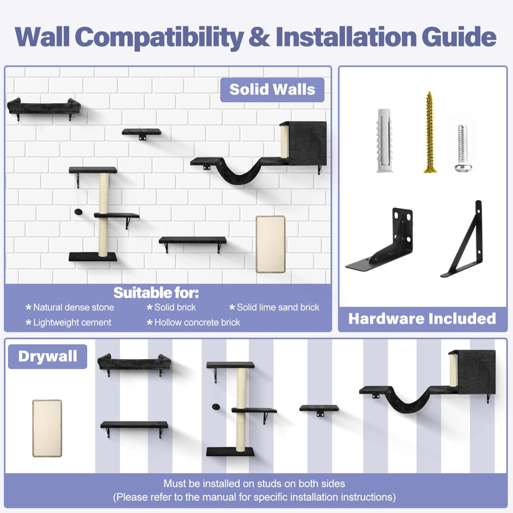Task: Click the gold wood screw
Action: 429,132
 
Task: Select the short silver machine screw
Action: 463,148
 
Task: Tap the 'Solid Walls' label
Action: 272,89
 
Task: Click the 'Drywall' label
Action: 48,357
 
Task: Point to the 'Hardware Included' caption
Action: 422,319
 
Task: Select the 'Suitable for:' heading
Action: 156,293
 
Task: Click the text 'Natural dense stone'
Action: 73,307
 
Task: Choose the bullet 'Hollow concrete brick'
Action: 198,323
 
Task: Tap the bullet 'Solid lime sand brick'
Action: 278,307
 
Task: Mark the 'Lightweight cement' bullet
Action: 72,323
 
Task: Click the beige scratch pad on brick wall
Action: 270,244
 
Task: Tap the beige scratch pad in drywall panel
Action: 47,428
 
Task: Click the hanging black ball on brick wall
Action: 78,212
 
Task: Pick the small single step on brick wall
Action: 142,133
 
